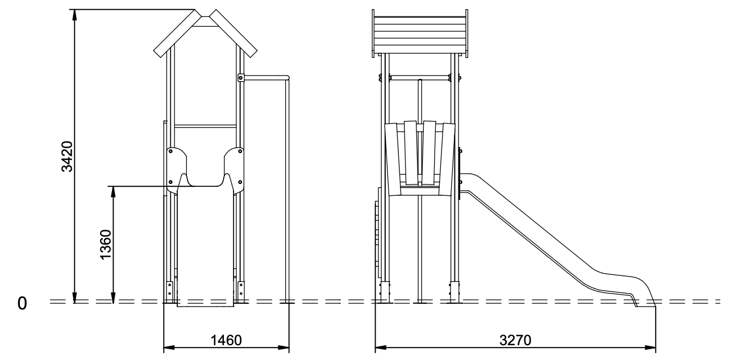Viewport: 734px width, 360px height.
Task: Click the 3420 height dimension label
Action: click(x=68, y=156)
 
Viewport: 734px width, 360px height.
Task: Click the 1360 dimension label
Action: click(x=106, y=245)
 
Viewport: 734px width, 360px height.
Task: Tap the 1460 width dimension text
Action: click(x=226, y=340)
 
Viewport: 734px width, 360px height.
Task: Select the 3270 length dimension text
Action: click(x=515, y=340)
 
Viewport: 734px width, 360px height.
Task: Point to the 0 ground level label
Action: click(x=22, y=303)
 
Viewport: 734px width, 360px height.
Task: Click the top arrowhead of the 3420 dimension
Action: click(x=75, y=15)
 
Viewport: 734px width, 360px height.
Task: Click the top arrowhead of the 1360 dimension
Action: click(x=114, y=191)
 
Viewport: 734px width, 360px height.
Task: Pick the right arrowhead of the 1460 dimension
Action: click(x=283, y=348)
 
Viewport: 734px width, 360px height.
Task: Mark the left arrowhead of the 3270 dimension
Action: click(x=381, y=348)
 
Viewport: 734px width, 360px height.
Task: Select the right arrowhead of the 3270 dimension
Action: click(x=650, y=348)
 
